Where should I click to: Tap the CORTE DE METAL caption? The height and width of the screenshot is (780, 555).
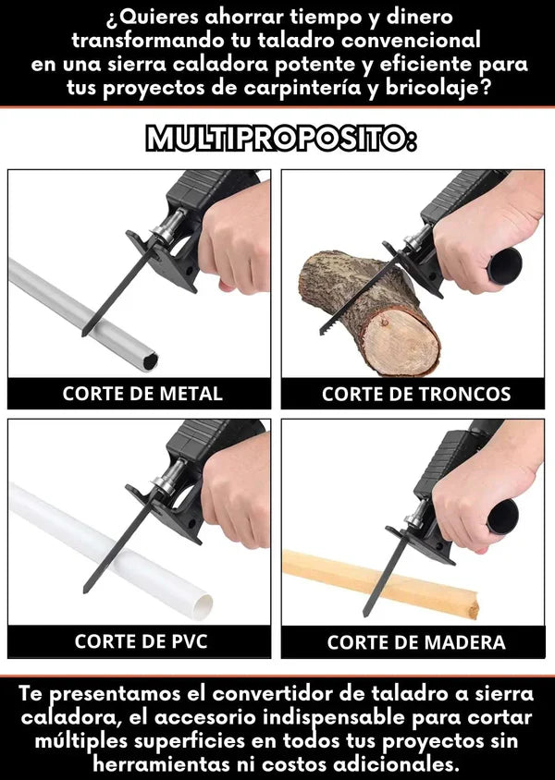[142, 394]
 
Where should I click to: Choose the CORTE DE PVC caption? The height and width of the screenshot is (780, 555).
[142, 641]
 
